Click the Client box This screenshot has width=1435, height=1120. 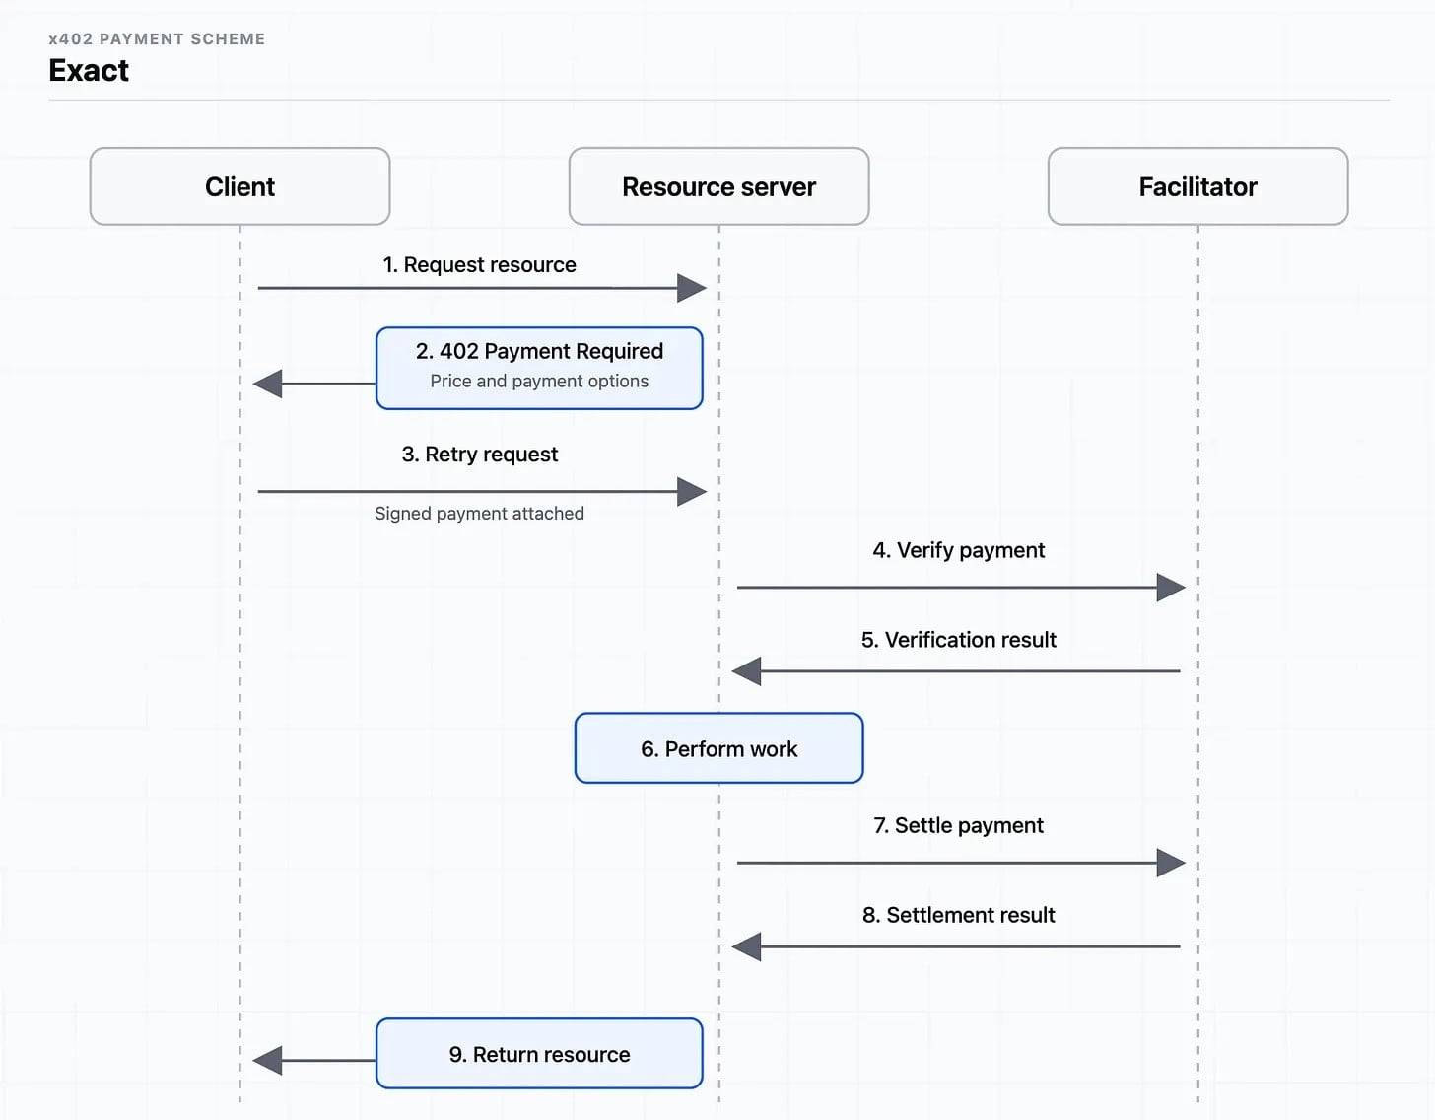(239, 186)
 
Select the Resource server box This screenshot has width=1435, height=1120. (718, 186)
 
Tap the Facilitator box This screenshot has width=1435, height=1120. (1197, 186)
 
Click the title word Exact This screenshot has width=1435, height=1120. (89, 70)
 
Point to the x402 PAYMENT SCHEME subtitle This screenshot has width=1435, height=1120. (157, 39)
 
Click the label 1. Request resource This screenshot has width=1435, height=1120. (479, 265)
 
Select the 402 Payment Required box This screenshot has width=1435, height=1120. (539, 368)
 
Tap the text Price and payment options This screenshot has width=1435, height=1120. (539, 381)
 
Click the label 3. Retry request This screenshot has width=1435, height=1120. (479, 455)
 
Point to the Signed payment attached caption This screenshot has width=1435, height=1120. (479, 513)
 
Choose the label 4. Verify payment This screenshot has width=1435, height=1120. (958, 550)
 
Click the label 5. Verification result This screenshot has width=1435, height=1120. (958, 639)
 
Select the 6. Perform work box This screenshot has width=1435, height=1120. (718, 748)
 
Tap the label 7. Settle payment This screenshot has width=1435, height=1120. (958, 825)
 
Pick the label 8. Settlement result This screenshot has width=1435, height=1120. (958, 915)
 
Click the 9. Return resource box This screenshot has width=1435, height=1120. (539, 1054)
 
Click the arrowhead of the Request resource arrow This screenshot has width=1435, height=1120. (692, 288)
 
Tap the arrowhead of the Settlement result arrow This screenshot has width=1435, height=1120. (746, 947)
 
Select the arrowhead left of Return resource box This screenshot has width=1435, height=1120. (267, 1061)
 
